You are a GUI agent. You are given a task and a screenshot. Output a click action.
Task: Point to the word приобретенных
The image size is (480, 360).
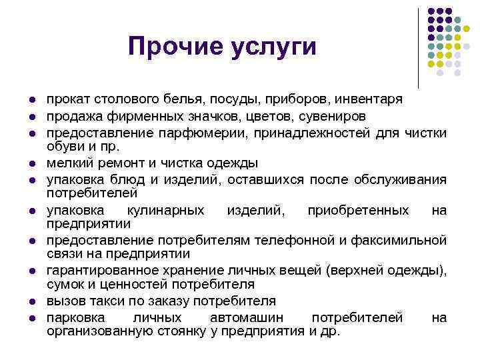click(358, 211)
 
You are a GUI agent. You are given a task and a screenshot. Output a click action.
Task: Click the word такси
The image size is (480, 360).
click(101, 301)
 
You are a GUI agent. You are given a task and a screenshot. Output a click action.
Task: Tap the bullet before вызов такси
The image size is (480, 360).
click(32, 301)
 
